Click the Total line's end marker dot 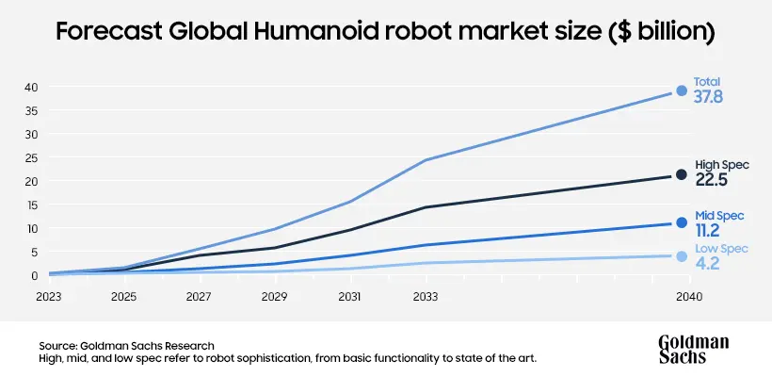pos(682,90)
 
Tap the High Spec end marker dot pos(682,174)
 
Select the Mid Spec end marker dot pos(682,222)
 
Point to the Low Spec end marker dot pos(682,256)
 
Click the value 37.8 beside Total pos(709,97)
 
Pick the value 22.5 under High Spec pos(711,180)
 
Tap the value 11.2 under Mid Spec pos(707,230)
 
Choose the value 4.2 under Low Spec pos(707,263)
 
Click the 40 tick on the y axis pos(31,87)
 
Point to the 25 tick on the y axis pos(31,157)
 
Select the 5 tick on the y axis pos(35,252)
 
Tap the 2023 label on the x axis pos(50,297)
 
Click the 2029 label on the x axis pos(275,297)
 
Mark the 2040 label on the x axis pos(689,297)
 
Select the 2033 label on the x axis pos(426,297)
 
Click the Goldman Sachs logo pos(693,350)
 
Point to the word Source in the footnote pos(56,346)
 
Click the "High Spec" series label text pos(722,165)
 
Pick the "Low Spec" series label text pos(721,249)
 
